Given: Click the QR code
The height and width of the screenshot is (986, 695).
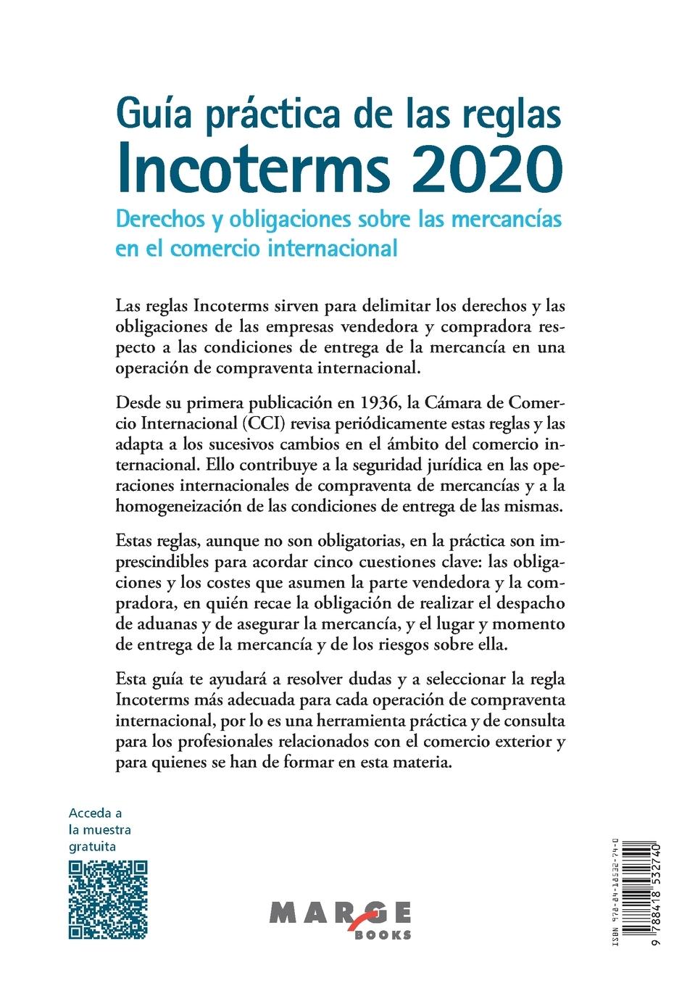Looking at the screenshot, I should point(108,900).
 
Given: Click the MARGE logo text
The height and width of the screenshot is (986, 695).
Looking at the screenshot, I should point(339,913).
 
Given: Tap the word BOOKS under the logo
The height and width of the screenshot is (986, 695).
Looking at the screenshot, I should point(383,935).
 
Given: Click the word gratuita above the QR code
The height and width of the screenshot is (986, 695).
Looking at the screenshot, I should point(92,846).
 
